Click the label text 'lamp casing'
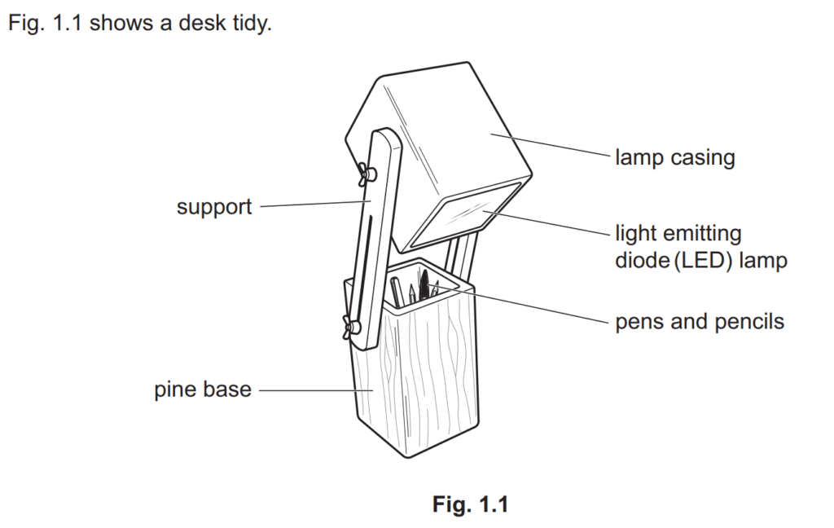point(674,157)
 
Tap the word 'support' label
point(214,207)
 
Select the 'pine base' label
point(203,389)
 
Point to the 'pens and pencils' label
point(700,322)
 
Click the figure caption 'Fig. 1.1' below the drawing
point(470,504)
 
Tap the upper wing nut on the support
point(365,174)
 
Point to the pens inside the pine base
point(415,289)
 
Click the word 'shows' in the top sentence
point(115,23)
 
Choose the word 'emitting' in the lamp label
point(703,235)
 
